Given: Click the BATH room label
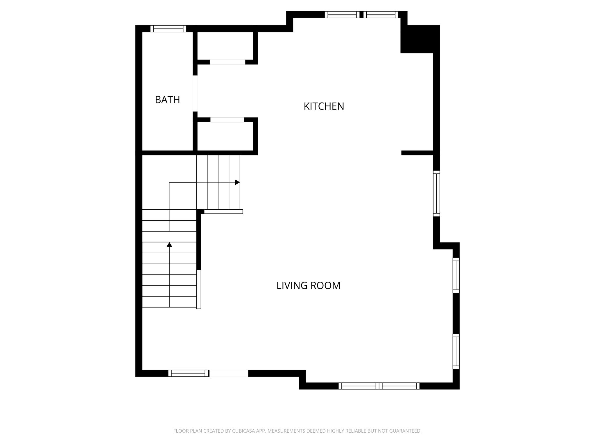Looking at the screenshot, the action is click(x=167, y=100).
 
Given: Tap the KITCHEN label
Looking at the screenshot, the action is click(x=324, y=106).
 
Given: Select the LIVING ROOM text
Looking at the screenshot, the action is click(x=308, y=285).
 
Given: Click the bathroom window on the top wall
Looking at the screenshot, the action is click(x=169, y=28).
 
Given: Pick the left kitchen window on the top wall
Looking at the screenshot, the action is click(x=342, y=15).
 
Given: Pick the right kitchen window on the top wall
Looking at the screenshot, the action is click(x=381, y=15).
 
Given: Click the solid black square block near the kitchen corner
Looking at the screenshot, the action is click(x=420, y=39).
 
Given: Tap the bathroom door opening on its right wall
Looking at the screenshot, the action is click(x=195, y=93).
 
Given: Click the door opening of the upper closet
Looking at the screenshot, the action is click(x=227, y=62).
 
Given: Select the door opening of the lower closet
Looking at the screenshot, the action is click(x=227, y=120).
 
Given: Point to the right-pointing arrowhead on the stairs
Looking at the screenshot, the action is click(x=237, y=182).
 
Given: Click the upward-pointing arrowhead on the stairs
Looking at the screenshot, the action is click(x=169, y=244).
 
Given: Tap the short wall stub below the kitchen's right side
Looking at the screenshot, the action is click(x=417, y=153).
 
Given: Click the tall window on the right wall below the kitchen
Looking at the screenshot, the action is click(x=436, y=193).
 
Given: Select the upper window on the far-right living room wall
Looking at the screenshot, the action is click(x=456, y=275).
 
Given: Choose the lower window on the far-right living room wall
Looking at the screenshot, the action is click(x=456, y=351).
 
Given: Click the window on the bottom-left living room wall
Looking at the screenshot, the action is click(x=188, y=373).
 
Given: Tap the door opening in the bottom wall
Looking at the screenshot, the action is click(x=229, y=373).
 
